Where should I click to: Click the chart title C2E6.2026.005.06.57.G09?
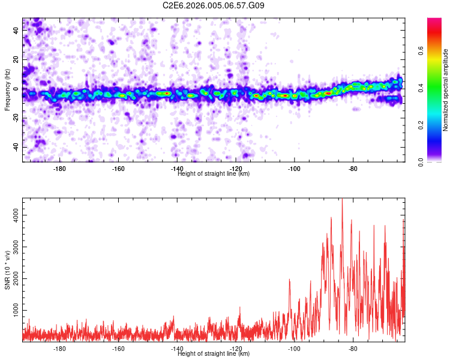click(214, 5)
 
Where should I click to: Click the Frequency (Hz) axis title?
click(8, 90)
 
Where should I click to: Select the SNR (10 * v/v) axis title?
click(8, 270)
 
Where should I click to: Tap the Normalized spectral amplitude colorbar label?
click(446, 90)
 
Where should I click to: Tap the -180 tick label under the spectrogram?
click(59, 169)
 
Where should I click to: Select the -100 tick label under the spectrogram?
click(294, 169)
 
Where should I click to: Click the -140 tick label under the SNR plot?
click(176, 349)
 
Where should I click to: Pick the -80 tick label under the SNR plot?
click(353, 349)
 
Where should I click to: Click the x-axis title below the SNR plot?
click(214, 354)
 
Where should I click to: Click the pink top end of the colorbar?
click(434, 21)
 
